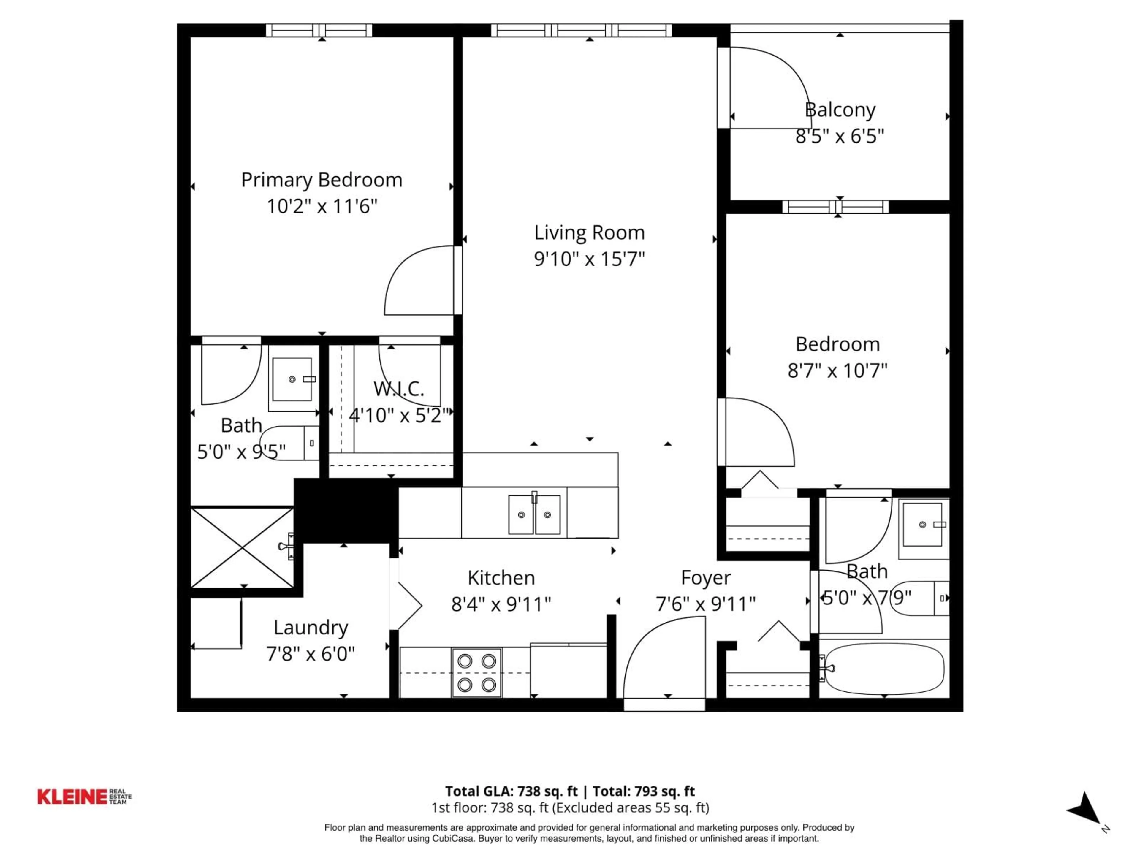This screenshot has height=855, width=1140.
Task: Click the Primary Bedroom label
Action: [322, 180]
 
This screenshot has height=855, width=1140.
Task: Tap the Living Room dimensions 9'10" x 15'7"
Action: [589, 259]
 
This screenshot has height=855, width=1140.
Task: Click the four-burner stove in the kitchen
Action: [477, 672]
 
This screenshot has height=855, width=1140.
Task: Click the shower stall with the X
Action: [242, 547]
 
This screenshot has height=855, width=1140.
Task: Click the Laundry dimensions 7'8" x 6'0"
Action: [310, 654]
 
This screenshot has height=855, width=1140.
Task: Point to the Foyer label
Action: [706, 578]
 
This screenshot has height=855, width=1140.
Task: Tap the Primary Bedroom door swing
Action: [419, 281]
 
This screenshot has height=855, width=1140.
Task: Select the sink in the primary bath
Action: [292, 379]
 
